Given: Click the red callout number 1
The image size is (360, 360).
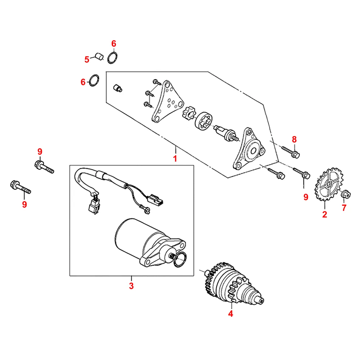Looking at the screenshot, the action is [x=175, y=159].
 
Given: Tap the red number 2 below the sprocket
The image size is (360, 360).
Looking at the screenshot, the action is [x=324, y=215].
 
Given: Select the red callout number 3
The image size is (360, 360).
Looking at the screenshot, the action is [x=131, y=286].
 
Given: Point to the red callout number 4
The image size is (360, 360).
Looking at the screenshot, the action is [x=230, y=314].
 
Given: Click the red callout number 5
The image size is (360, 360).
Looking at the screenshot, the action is [x=87, y=59].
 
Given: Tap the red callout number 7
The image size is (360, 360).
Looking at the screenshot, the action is [x=344, y=208].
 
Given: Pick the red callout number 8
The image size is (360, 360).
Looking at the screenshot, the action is [x=294, y=139].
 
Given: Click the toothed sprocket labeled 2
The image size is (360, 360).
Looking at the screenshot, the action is [x=329, y=184].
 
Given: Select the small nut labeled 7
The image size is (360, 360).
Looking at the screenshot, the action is [x=346, y=194].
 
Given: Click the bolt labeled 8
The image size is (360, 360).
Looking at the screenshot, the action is [x=291, y=152].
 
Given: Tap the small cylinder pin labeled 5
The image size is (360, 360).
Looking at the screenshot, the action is [x=99, y=56].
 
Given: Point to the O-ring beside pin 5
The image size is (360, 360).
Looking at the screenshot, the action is [x=112, y=58].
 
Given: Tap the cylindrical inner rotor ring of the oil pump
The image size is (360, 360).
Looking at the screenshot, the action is [x=204, y=121].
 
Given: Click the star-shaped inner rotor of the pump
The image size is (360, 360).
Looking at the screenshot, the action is [x=189, y=112].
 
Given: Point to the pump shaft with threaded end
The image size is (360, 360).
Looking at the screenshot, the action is [x=226, y=134].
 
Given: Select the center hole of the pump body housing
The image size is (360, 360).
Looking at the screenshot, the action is [x=253, y=151].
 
